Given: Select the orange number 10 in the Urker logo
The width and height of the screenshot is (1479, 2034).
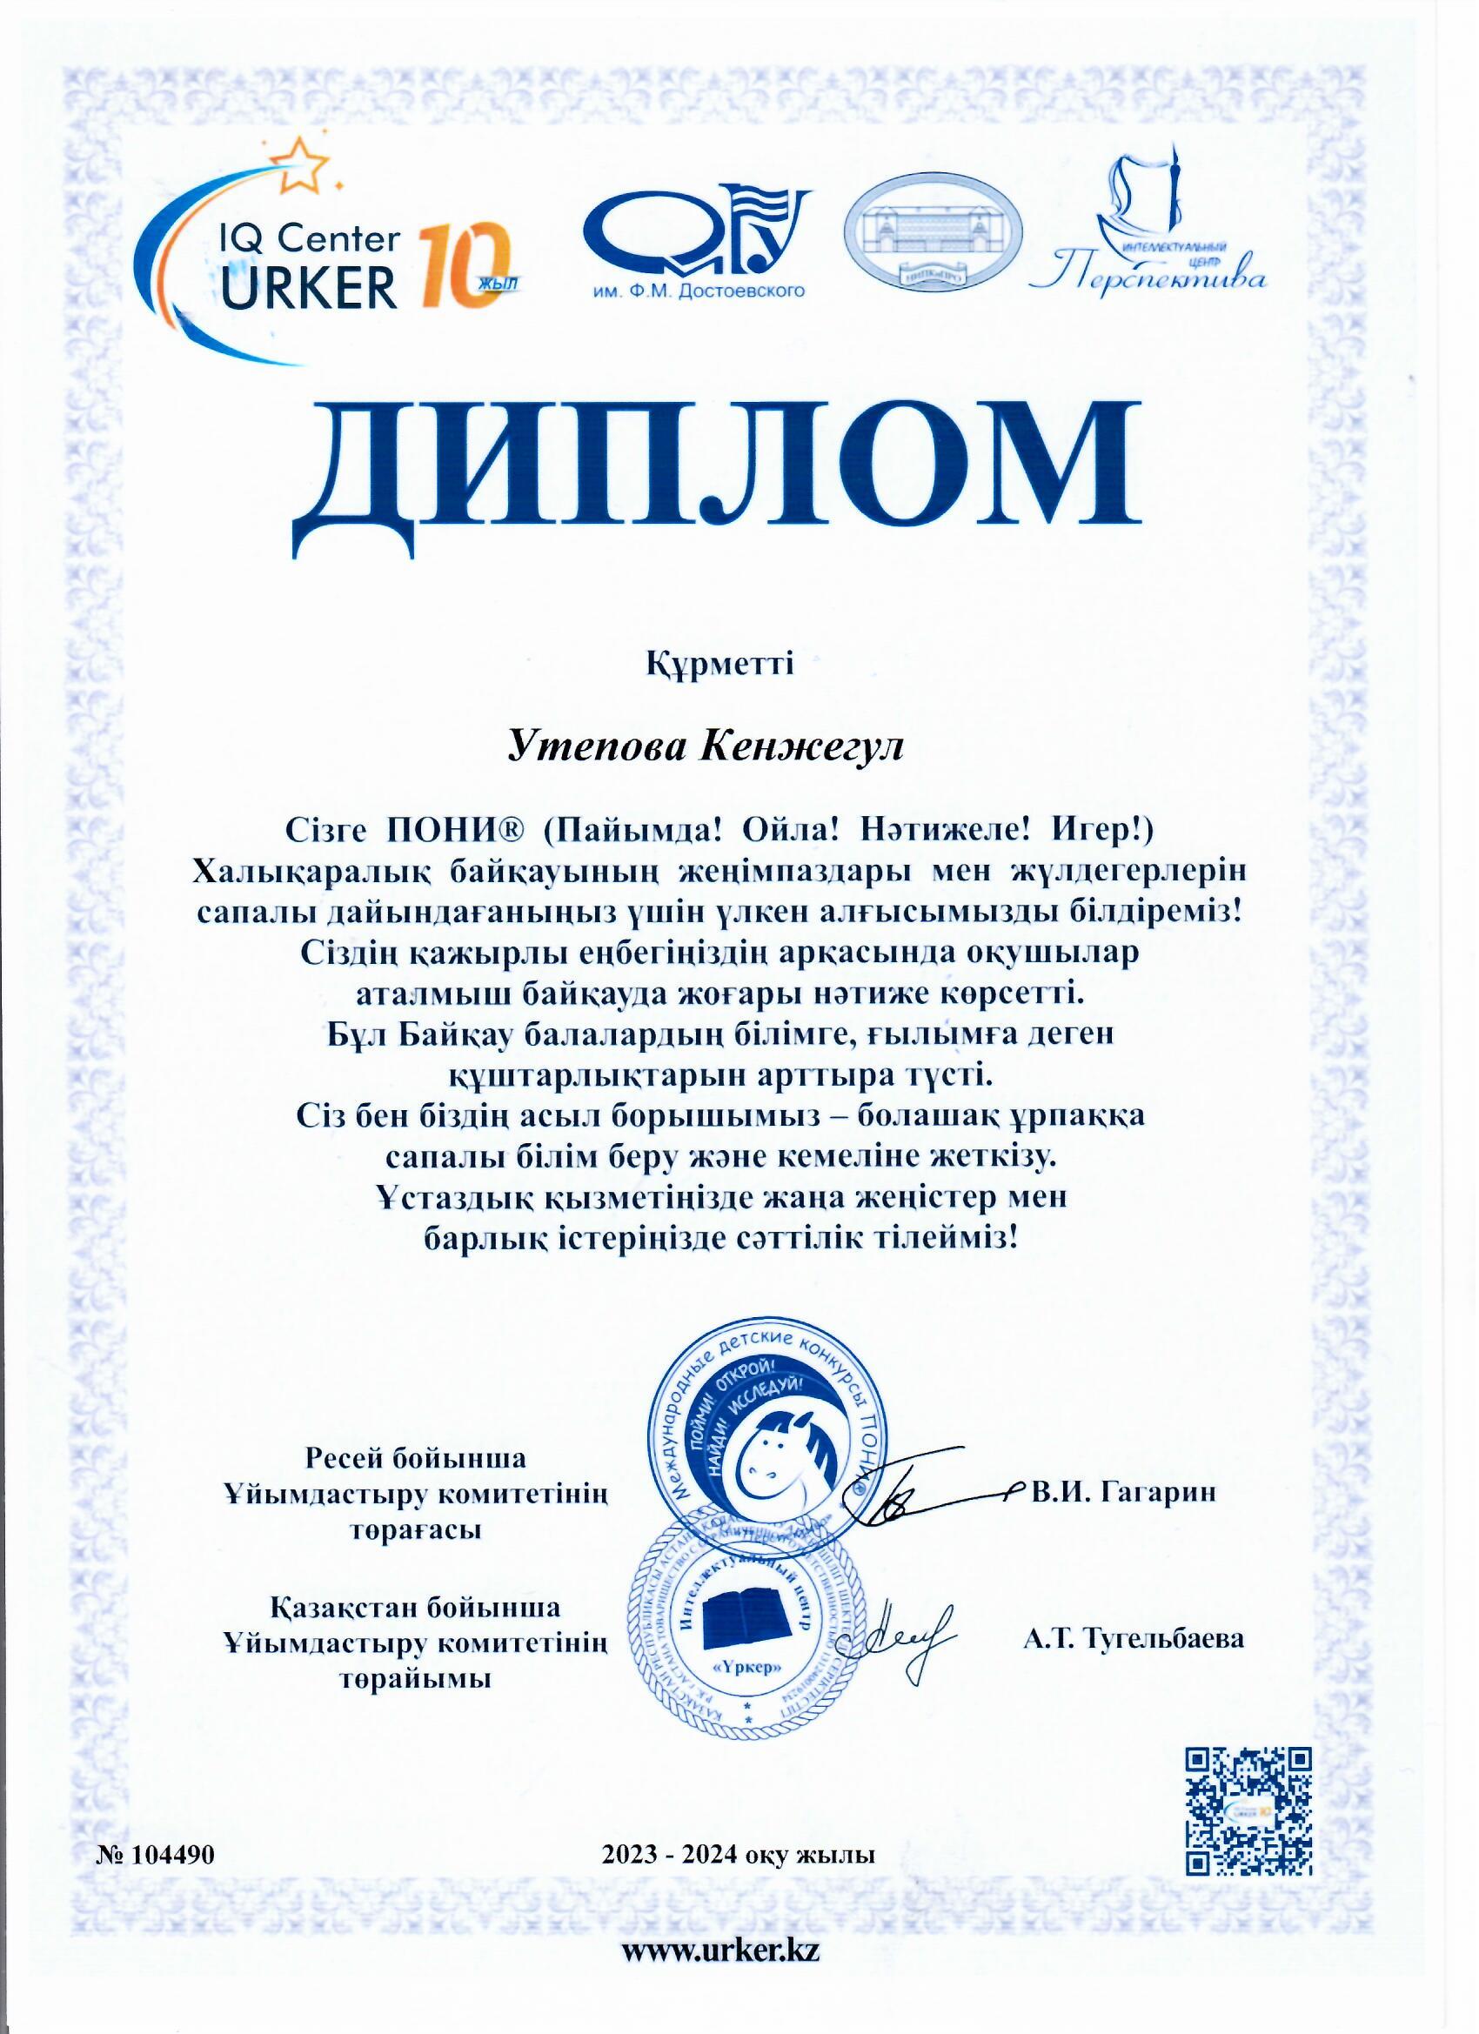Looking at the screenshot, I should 464,266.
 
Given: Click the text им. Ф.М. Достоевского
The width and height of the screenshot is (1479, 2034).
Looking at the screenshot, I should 698,291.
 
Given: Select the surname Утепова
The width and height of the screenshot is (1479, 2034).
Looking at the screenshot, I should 595,746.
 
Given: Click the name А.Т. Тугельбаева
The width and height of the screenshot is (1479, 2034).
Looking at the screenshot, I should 1134,1638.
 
